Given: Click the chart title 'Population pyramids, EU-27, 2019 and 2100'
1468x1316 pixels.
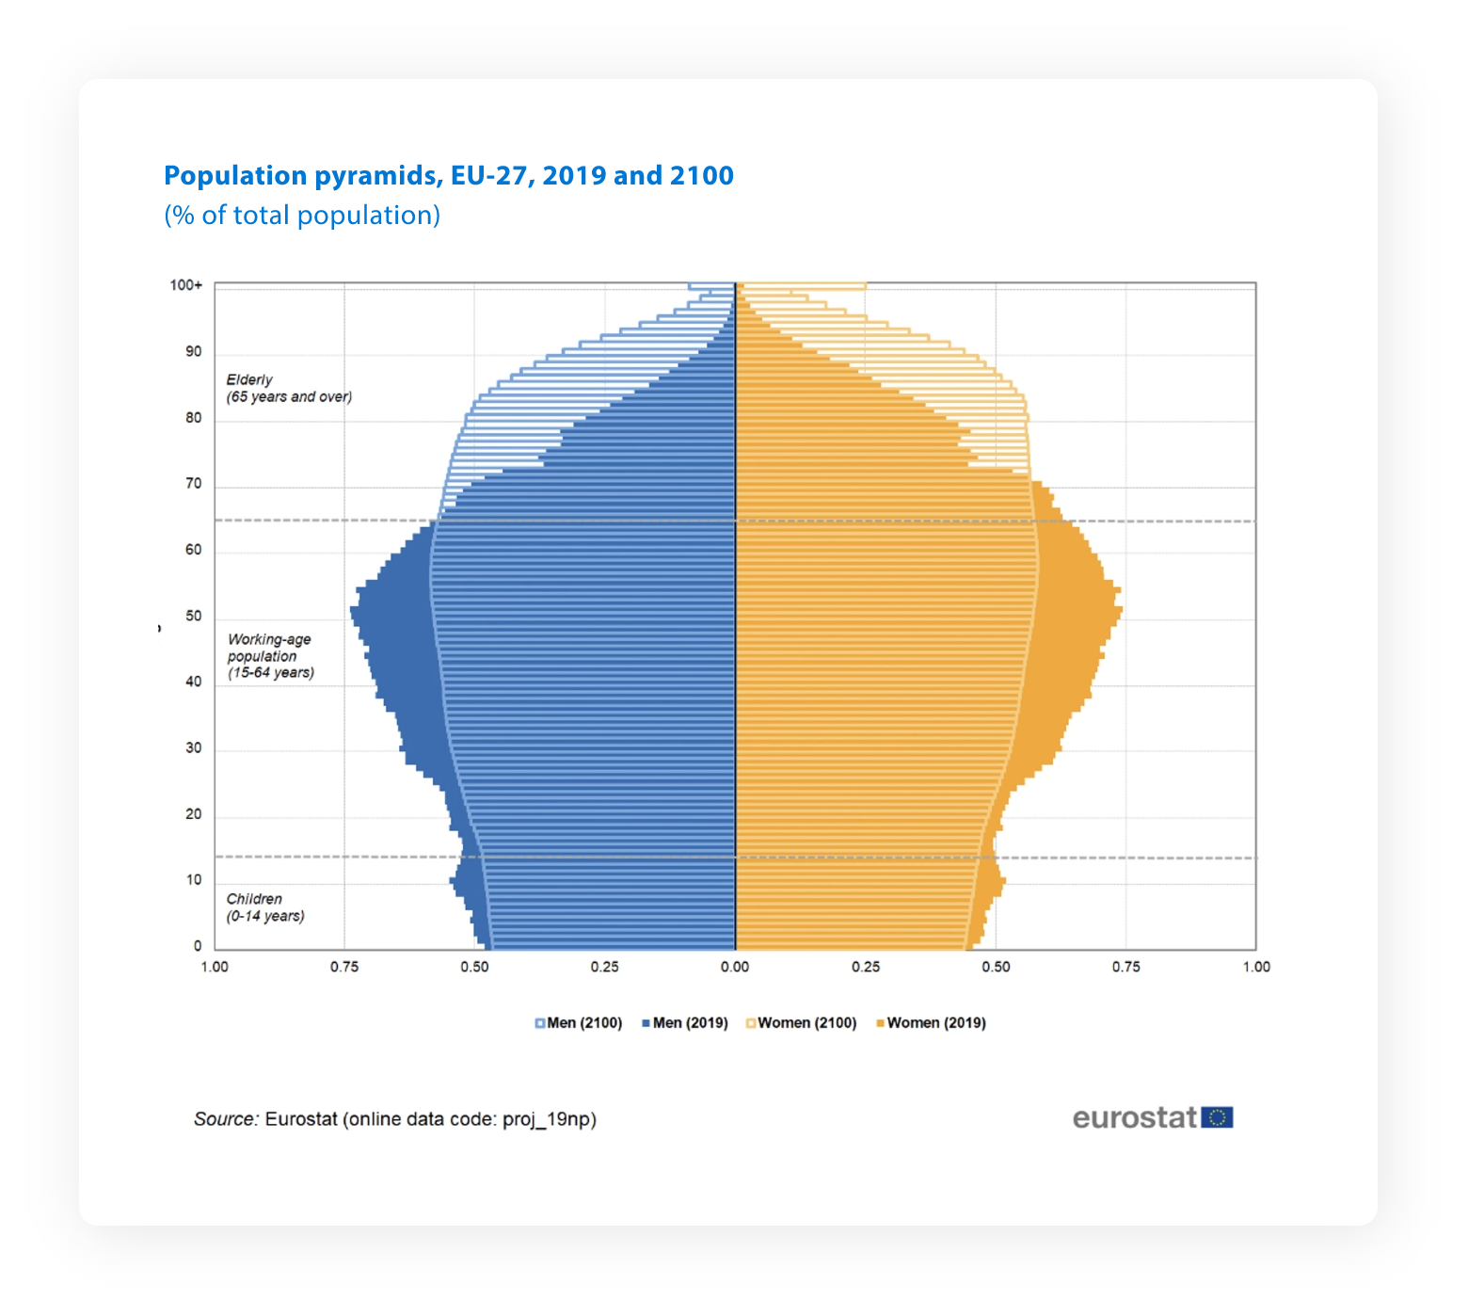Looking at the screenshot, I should click(448, 176).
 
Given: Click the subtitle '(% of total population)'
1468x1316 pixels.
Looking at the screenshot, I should click(302, 216).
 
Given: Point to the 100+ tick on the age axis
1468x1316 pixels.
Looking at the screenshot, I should click(185, 285).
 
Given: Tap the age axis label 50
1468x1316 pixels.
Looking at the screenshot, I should click(193, 616).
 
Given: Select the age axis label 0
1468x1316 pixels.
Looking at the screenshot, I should click(198, 946).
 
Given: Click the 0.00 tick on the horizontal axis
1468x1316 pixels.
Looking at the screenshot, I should click(735, 967).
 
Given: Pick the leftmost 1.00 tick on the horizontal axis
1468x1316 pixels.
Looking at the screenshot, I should click(215, 967).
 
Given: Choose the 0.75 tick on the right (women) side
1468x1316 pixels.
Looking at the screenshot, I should click(1125, 967).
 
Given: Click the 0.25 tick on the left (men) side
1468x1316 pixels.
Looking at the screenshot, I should click(604, 967).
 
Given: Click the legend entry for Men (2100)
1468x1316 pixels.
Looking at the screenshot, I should click(579, 1023).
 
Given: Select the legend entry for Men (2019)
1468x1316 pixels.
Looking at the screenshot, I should click(685, 1023).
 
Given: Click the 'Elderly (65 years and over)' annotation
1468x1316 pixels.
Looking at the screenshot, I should click(288, 388).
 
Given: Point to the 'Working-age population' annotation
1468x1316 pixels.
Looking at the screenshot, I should click(270, 655).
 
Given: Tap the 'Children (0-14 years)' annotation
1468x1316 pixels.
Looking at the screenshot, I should click(264, 907).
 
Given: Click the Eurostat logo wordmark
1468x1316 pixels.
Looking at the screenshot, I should click(1134, 1117).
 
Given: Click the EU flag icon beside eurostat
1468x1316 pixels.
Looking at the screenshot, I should click(1217, 1117).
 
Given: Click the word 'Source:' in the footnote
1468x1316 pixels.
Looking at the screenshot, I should click(226, 1119).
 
